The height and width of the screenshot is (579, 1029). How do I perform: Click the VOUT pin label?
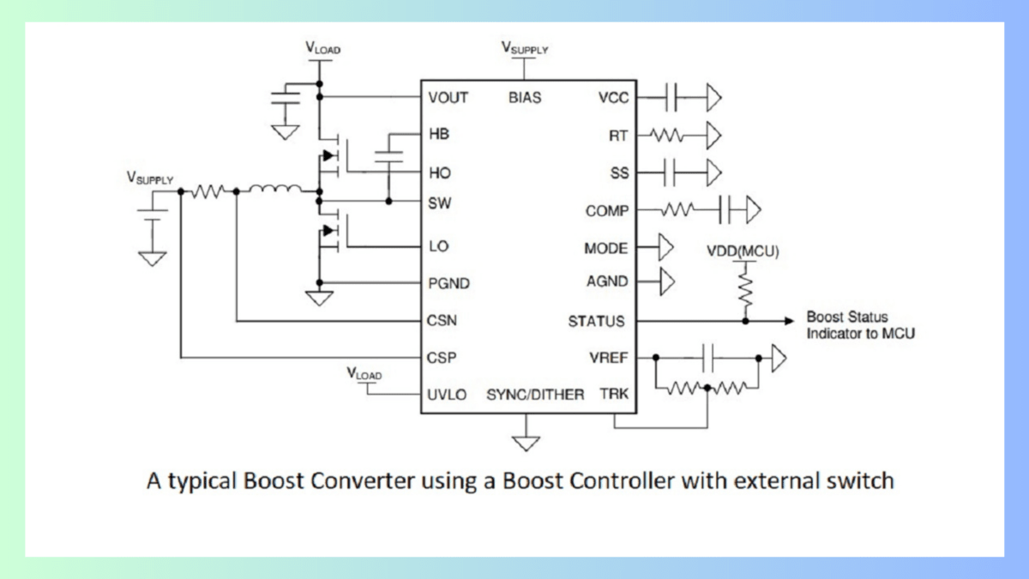click(x=448, y=98)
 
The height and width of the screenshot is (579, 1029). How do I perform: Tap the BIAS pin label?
click(x=525, y=98)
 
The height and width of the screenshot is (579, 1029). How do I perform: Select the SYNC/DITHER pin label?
click(x=535, y=395)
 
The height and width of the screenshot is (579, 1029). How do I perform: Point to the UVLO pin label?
click(x=447, y=395)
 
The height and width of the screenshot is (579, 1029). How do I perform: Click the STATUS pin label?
click(x=596, y=321)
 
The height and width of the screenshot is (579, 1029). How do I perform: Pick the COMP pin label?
click(x=606, y=210)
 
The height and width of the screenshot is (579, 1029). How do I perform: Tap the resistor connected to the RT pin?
click(x=665, y=135)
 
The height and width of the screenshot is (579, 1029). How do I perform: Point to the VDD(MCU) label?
click(x=743, y=251)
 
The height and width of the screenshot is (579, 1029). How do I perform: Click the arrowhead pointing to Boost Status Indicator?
click(x=788, y=321)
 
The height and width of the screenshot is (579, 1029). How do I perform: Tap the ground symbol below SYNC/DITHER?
click(x=526, y=443)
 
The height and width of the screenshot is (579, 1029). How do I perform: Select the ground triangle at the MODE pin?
click(x=665, y=248)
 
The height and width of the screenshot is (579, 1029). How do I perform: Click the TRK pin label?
click(x=614, y=395)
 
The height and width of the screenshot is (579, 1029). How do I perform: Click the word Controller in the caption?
click(x=625, y=480)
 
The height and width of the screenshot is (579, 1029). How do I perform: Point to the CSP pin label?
click(x=442, y=358)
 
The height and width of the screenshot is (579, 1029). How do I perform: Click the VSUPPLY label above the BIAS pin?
click(x=525, y=48)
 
